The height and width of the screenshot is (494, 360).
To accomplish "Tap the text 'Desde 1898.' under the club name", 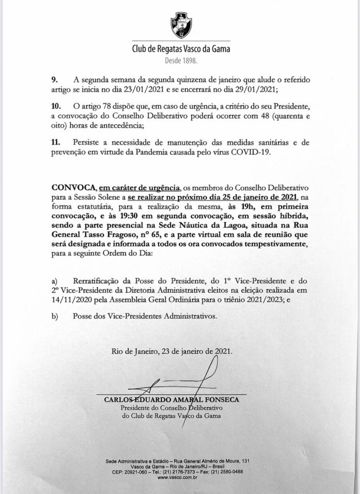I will [x=180, y=60].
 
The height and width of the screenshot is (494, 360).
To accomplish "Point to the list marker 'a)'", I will [x=54, y=281].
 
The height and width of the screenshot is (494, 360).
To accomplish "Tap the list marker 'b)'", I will [x=54, y=317].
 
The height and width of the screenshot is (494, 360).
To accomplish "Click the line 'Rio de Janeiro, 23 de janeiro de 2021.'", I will [x=172, y=352].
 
